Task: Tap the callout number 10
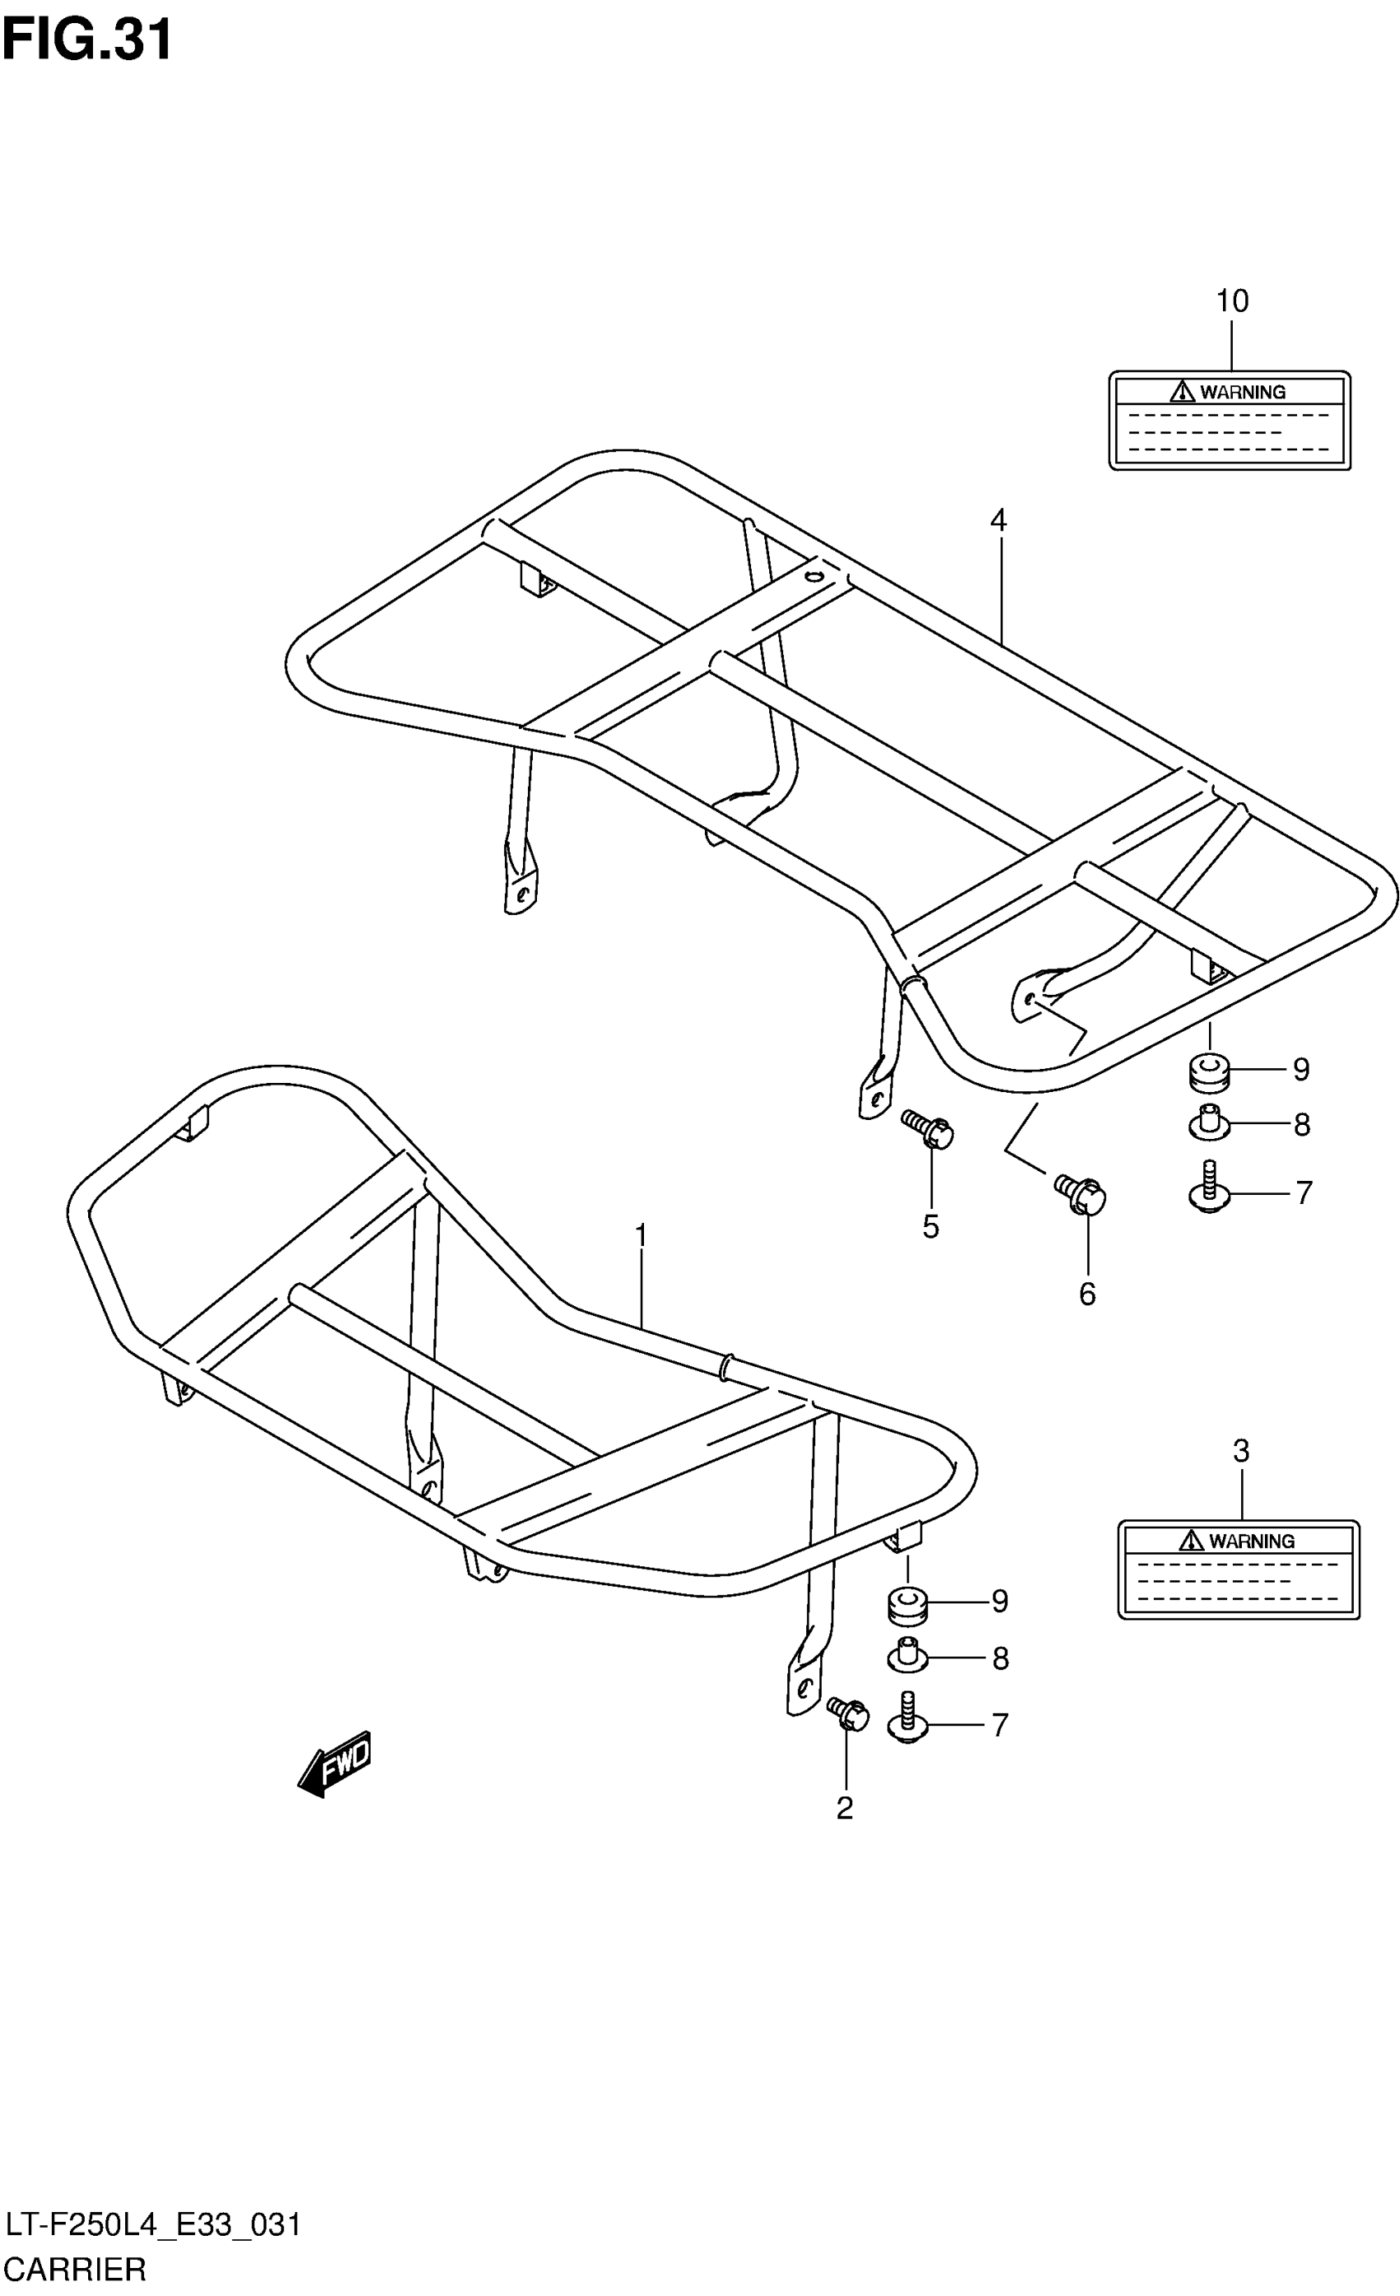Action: click(1231, 301)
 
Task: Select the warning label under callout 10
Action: click(1230, 420)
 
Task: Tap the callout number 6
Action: click(1087, 1294)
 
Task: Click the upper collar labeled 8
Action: click(1209, 1122)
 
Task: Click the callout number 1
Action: click(641, 1235)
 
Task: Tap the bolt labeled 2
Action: click(848, 1714)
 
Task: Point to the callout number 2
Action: click(844, 1808)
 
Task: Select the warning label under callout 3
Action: click(1239, 1569)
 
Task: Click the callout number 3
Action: click(1240, 1451)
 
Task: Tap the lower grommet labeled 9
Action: click(907, 1602)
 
